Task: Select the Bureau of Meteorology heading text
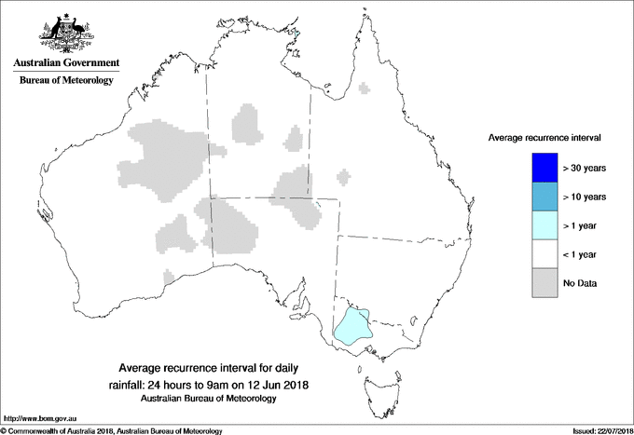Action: point(65,81)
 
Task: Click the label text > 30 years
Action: point(585,169)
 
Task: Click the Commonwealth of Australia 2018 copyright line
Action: point(112,430)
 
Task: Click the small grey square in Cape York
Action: point(365,88)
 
